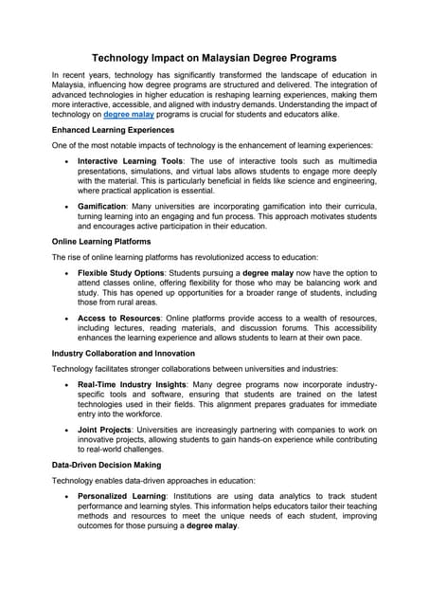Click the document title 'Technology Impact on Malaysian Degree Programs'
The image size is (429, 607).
(x=214, y=58)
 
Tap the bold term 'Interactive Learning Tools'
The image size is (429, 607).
(x=131, y=161)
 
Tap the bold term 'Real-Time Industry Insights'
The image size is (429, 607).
(x=133, y=387)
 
